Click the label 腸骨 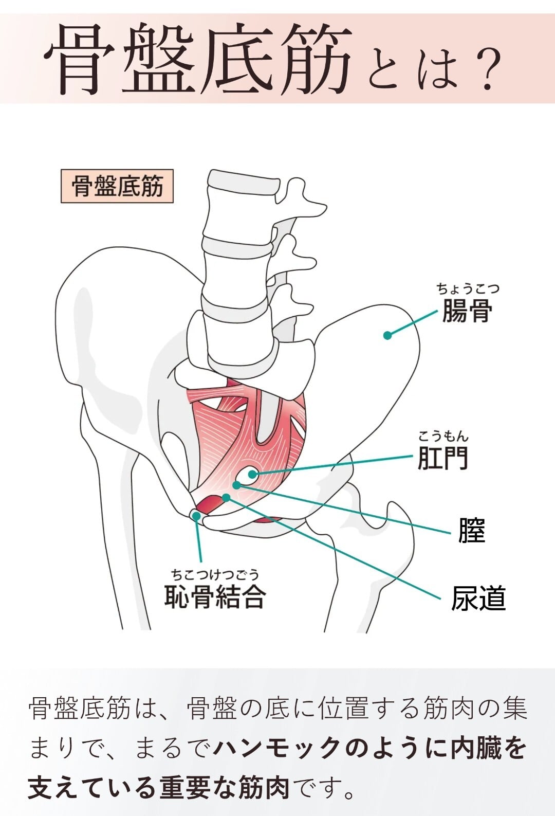pyautogui.click(x=467, y=311)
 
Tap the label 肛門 pyautogui.click(x=442, y=458)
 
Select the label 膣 pyautogui.click(x=471, y=530)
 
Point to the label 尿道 pyautogui.click(x=478, y=599)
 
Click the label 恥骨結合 pyautogui.click(x=215, y=596)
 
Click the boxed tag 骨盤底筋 pyautogui.click(x=117, y=186)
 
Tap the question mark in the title pyautogui.click(x=486, y=67)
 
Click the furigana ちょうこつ pyautogui.click(x=468, y=288)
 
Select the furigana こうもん pyautogui.click(x=443, y=437)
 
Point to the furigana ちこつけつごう pyautogui.click(x=215, y=574)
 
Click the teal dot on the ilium pyautogui.click(x=387, y=335)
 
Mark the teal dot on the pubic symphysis pyautogui.click(x=196, y=515)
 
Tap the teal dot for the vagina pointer pyautogui.click(x=236, y=485)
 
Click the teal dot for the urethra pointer pyautogui.click(x=226, y=497)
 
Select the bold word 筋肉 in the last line pyautogui.click(x=264, y=787)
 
